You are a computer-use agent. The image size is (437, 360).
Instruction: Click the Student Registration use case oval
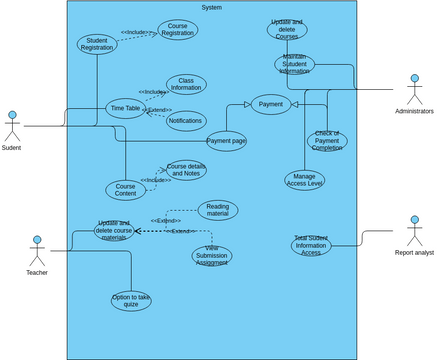(x=97, y=44)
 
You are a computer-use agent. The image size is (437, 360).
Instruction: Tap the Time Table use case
(x=125, y=108)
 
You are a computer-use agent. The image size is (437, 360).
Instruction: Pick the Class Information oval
(x=186, y=84)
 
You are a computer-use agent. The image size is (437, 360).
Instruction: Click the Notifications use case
(x=186, y=121)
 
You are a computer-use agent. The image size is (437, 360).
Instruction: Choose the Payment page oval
(x=226, y=141)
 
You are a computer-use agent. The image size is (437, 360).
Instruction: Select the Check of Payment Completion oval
(x=327, y=140)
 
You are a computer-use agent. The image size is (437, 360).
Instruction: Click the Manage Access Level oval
(x=304, y=180)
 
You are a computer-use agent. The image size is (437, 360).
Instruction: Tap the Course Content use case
(x=125, y=189)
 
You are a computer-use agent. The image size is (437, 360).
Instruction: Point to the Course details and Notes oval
(x=186, y=170)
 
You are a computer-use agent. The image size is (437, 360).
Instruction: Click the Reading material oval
(x=217, y=210)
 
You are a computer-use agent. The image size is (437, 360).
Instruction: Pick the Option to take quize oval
(x=131, y=300)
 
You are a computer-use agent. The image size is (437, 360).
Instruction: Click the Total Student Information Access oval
(x=311, y=245)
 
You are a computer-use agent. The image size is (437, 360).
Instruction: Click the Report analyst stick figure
(x=413, y=230)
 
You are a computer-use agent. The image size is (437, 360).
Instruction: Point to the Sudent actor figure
(x=11, y=126)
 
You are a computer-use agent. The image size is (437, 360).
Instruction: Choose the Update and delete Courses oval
(x=287, y=29)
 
